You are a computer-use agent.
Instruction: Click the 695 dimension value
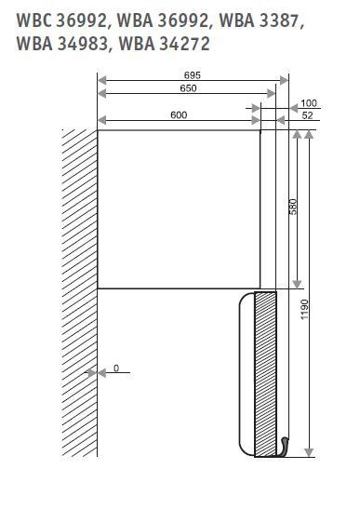[x=193, y=75]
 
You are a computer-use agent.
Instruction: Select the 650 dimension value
[x=188, y=88]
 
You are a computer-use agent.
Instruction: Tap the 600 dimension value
[x=179, y=114]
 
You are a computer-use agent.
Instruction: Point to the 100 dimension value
[x=309, y=103]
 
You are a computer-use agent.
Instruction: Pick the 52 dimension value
[x=307, y=115]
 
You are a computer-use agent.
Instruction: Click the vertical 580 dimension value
[x=293, y=207]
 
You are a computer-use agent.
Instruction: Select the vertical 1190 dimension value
[x=304, y=309]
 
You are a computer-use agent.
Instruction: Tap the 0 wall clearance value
[x=116, y=368]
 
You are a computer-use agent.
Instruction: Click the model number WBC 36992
[x=61, y=20]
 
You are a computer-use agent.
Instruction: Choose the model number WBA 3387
[x=261, y=20]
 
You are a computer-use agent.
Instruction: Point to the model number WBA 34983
[x=61, y=44]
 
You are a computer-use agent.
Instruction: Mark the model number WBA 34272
[x=165, y=44]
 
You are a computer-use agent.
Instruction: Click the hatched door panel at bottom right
[x=265, y=374]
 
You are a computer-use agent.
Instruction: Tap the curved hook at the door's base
[x=283, y=447]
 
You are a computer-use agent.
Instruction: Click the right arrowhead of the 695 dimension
[x=284, y=80]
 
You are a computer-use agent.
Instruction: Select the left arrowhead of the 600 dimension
[x=102, y=120]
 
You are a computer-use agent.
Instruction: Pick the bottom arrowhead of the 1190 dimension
[x=309, y=452]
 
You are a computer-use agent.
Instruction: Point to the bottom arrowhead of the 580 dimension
[x=297, y=284]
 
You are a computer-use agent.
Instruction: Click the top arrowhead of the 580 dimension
[x=297, y=134]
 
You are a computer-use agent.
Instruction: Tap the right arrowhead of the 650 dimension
[x=271, y=94]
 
